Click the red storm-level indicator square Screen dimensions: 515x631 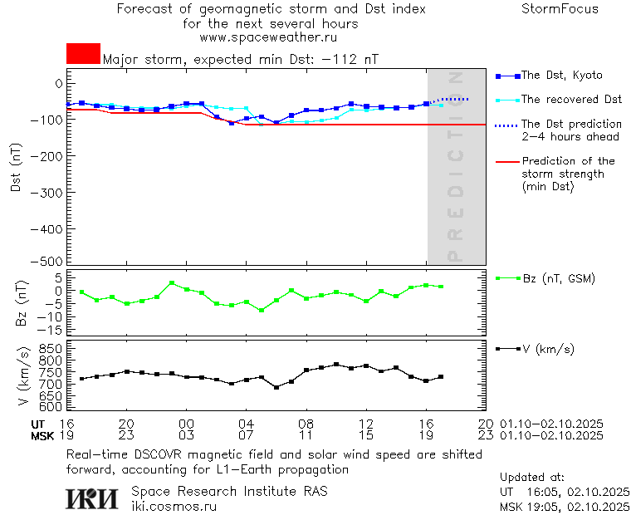tap(83, 53)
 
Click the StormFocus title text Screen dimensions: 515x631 tap(560, 9)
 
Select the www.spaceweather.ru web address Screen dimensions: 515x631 tap(268, 37)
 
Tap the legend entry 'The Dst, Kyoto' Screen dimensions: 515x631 tap(561, 76)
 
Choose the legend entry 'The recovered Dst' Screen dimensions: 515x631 tap(571, 100)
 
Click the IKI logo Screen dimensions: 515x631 tap(93, 498)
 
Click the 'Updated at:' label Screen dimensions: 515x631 tap(531, 478)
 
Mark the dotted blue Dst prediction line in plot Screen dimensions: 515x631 tap(457, 99)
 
